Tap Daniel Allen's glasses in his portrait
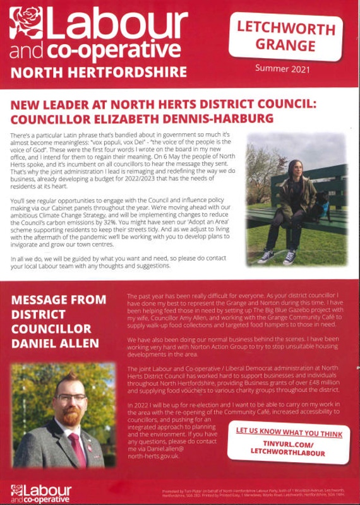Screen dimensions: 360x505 70,398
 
